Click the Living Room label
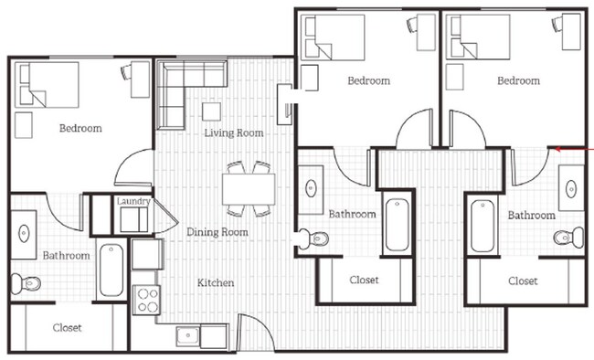[234, 133]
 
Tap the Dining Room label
[217, 232]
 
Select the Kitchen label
[216, 282]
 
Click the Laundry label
[133, 202]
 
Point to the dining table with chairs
[247, 187]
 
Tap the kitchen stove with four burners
[146, 300]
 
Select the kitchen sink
[190, 336]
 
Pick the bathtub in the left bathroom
[111, 269]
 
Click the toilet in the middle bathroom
[316, 238]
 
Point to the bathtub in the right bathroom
[483, 226]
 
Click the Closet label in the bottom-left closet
[67, 327]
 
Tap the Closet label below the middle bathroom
[363, 280]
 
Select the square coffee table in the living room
[212, 111]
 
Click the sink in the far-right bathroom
[571, 189]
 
